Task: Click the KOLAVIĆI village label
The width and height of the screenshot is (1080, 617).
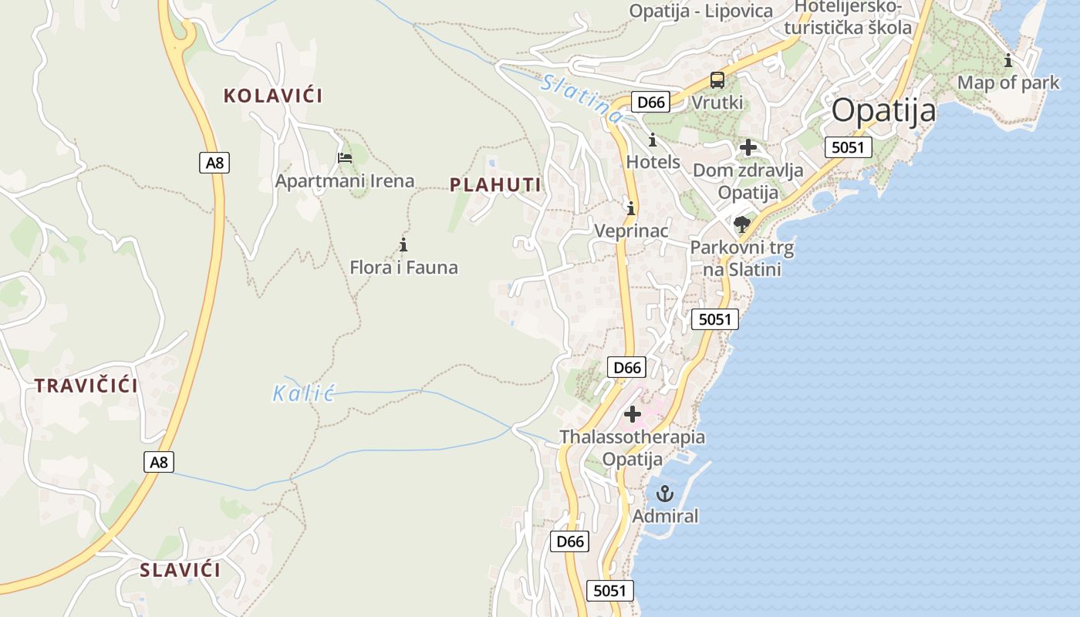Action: coord(273,96)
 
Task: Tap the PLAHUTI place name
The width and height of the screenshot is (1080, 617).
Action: coord(495,185)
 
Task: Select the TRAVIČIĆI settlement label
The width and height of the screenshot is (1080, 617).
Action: coord(86,386)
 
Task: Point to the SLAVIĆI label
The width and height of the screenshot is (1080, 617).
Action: coord(180,571)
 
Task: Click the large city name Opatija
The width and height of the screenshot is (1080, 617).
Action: coord(883,111)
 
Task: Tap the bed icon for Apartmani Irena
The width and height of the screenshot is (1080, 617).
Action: coord(345,158)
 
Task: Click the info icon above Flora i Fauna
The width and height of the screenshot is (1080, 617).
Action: coord(403,245)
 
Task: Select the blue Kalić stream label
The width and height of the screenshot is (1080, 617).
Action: coord(302,394)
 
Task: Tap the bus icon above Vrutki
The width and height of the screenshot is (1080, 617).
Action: coord(717,80)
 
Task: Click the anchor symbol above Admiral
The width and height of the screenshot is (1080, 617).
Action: coord(665,494)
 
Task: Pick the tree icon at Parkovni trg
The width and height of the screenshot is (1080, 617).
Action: coord(742,224)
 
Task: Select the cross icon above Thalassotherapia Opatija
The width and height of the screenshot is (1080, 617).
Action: coord(633,415)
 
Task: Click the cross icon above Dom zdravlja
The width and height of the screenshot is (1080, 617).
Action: coord(748,147)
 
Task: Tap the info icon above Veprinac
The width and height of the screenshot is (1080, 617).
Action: coord(631,208)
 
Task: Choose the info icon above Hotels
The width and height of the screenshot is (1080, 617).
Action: coord(653,140)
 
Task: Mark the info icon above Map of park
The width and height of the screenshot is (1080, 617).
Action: coord(1008,60)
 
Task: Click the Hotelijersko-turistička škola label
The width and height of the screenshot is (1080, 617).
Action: coord(848,17)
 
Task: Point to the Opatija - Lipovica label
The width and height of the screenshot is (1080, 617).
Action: coord(701,11)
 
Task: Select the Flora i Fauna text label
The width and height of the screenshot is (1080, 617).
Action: coord(403,268)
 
